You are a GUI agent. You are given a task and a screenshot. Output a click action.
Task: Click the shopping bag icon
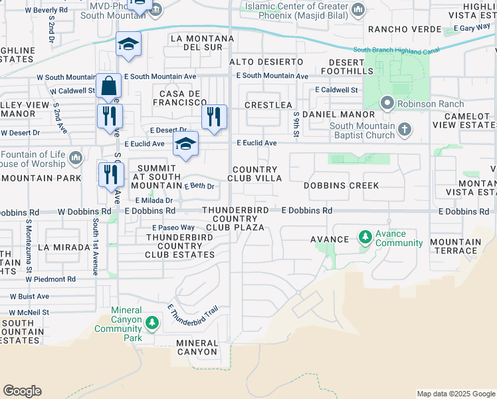[x=108, y=86]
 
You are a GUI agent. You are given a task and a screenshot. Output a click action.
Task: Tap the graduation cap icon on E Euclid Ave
[x=186, y=143]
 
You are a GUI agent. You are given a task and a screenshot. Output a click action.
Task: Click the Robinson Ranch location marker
[x=387, y=103]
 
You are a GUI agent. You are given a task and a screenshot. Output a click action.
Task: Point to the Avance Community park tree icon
[x=365, y=237]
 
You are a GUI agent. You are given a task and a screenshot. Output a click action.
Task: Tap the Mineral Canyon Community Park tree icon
[x=152, y=323]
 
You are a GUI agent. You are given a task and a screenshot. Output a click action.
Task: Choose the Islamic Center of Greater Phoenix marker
[x=358, y=9]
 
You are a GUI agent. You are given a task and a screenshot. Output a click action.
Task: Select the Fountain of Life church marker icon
[x=75, y=158]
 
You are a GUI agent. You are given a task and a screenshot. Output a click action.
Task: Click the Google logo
[x=22, y=391]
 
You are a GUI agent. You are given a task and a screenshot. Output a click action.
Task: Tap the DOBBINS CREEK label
[x=342, y=186]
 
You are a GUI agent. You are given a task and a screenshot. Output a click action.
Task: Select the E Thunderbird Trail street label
[x=193, y=319]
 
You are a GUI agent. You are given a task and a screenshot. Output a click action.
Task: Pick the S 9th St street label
[x=296, y=122]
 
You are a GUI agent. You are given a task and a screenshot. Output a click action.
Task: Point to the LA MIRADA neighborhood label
[x=64, y=247]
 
